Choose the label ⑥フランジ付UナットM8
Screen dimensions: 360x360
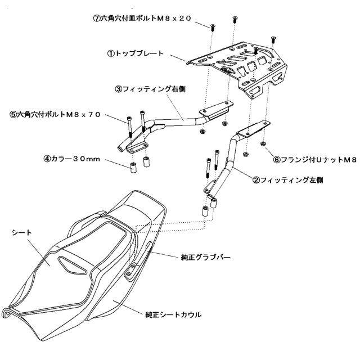(314, 160)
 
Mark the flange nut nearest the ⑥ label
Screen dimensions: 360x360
(264, 145)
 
